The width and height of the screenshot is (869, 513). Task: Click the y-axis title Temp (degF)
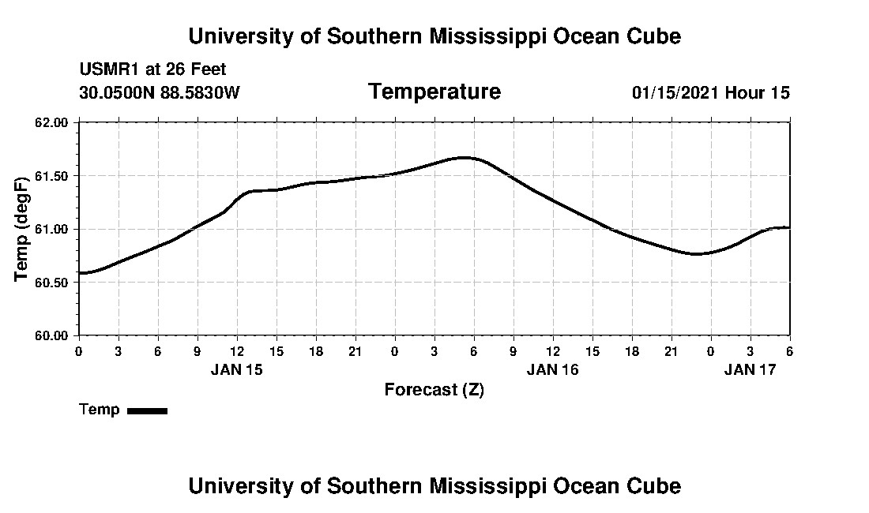pyautogui.click(x=23, y=229)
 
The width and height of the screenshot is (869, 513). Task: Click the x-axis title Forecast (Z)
pyautogui.click(x=434, y=390)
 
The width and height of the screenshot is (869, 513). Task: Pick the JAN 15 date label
pyautogui.click(x=236, y=369)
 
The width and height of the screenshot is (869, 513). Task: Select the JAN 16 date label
pyautogui.click(x=552, y=369)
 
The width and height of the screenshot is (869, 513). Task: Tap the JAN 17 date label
pyautogui.click(x=750, y=369)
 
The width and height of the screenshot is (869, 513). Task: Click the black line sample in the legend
pyautogui.click(x=147, y=410)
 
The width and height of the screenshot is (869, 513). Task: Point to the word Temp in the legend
pyautogui.click(x=100, y=410)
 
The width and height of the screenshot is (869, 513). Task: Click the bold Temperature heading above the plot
pyautogui.click(x=434, y=92)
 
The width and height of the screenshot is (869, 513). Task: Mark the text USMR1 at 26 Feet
pyautogui.click(x=152, y=70)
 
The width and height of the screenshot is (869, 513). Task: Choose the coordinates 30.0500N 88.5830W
pyautogui.click(x=160, y=93)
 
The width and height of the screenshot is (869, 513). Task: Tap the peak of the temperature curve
pyautogui.click(x=465, y=158)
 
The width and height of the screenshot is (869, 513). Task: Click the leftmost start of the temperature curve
pyautogui.click(x=80, y=273)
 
